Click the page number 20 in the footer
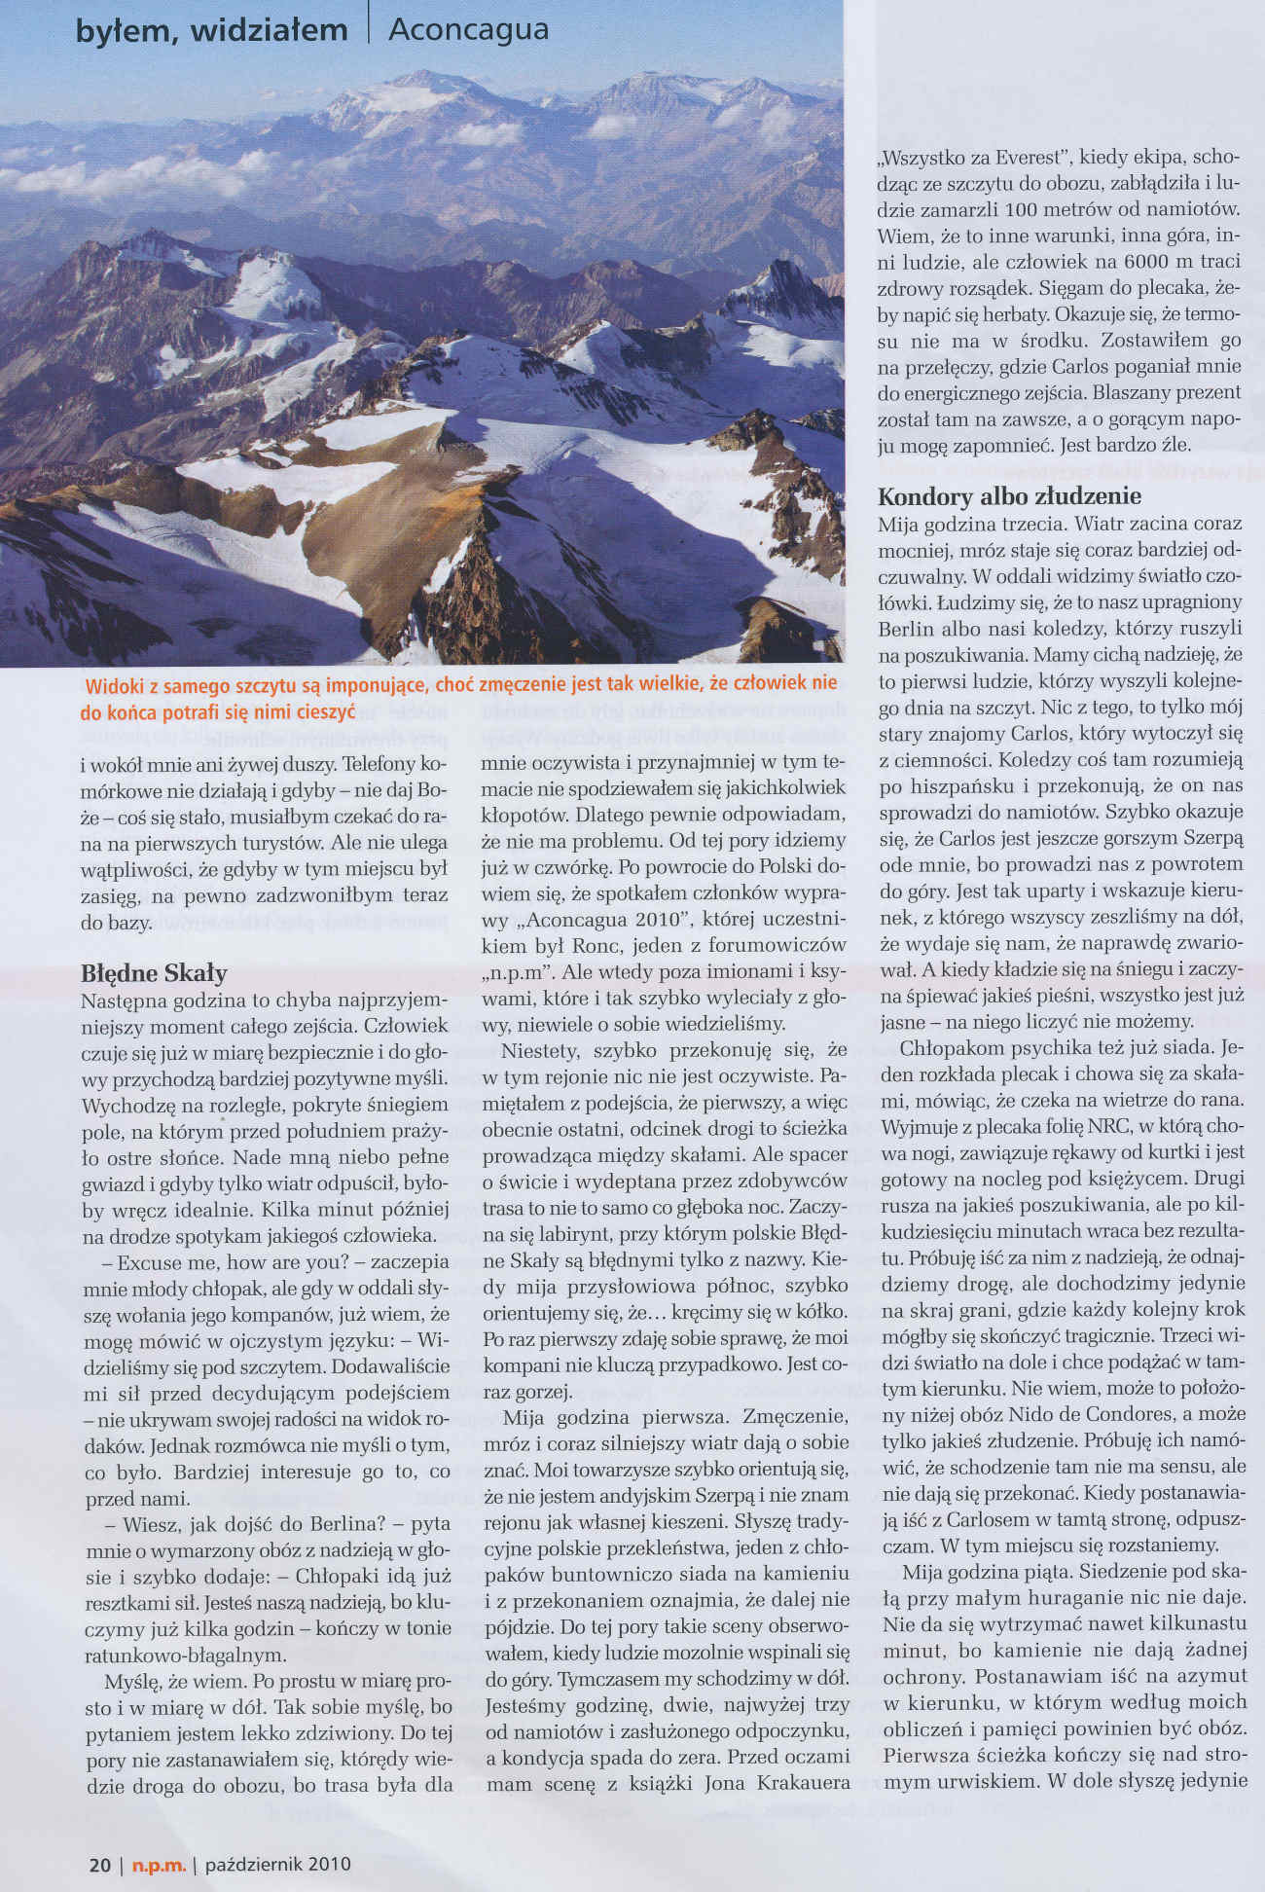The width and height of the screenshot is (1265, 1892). coord(98,1864)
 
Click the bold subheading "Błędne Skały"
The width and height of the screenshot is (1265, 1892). coord(154,973)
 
